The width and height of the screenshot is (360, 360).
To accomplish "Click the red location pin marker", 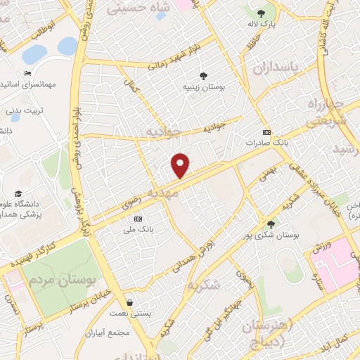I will [181, 166].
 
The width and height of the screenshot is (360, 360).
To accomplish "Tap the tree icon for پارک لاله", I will [262, 13].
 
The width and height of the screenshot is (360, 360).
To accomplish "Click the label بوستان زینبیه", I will [202, 88].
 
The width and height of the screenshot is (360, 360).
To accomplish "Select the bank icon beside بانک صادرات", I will [266, 132].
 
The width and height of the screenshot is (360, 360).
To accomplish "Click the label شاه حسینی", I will [138, 8].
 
